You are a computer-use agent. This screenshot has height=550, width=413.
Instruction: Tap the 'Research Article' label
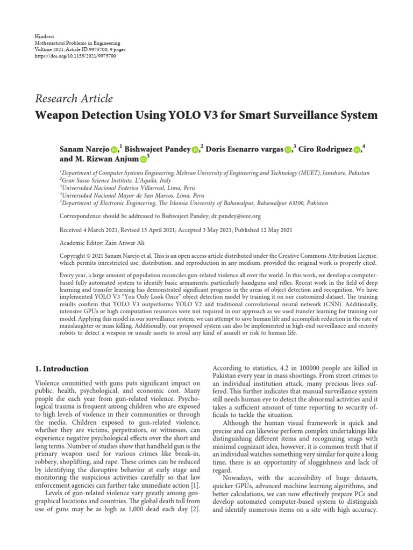pos(74,98)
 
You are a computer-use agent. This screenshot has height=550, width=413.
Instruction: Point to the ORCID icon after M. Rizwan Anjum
pos(143,160)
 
